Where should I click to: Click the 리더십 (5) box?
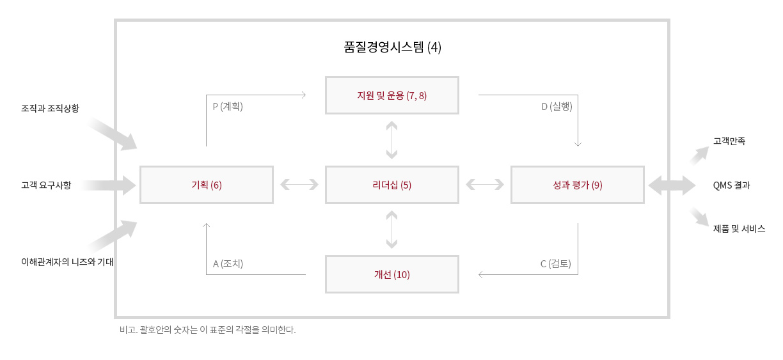click(392, 185)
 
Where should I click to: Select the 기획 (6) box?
click(206, 185)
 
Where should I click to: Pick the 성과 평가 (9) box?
click(578, 185)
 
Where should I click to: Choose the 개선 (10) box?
click(392, 274)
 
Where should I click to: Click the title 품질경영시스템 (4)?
click(392, 47)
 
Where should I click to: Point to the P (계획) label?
click(228, 106)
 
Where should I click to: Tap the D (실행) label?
click(557, 106)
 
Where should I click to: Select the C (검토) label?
click(556, 263)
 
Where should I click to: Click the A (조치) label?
click(228, 263)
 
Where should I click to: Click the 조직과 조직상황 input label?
click(50, 108)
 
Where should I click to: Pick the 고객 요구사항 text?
click(46, 185)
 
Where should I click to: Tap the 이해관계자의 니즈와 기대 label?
click(67, 262)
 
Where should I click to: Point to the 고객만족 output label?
click(729, 141)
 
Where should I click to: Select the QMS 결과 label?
click(732, 185)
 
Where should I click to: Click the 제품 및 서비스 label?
click(739, 228)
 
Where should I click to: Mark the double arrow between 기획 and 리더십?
click(299, 184)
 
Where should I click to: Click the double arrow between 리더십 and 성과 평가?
click(485, 184)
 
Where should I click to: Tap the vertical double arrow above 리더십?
click(392, 140)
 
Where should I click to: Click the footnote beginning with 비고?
click(208, 329)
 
